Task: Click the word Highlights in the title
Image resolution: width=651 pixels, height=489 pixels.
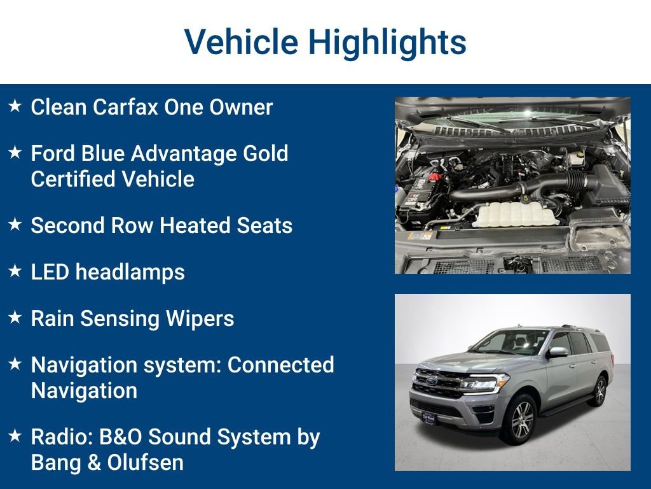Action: (x=387, y=42)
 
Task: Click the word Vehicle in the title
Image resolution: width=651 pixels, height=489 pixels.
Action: (x=241, y=42)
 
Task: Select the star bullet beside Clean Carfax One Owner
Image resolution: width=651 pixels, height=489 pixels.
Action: (x=15, y=106)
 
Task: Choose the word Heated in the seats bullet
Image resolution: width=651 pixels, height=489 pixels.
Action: (x=204, y=225)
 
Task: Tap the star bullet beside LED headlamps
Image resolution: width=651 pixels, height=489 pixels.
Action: (x=15, y=271)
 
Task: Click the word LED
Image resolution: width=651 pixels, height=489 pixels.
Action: (x=50, y=272)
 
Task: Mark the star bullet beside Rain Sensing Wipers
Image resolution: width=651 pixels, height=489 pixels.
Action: (x=15, y=318)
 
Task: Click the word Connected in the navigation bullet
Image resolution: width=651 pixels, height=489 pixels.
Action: (x=280, y=365)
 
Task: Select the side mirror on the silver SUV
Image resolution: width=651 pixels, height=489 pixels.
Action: (x=558, y=351)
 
